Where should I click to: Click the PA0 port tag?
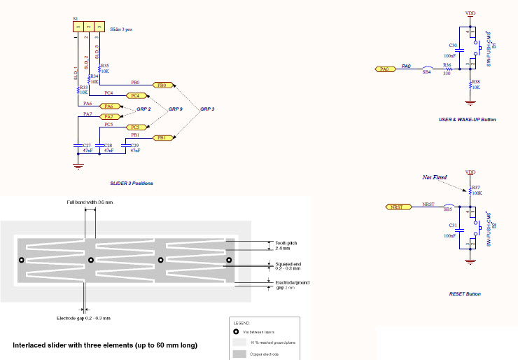click(383, 69)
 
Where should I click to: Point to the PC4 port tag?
click(135, 95)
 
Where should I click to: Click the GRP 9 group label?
click(175, 110)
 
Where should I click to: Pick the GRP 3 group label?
click(207, 110)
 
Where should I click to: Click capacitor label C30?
click(453, 45)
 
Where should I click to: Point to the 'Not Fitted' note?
click(434, 177)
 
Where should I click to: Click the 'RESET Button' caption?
click(465, 294)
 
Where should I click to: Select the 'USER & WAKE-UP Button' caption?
click(467, 120)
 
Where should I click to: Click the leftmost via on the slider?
click(22, 260)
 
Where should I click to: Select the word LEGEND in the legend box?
click(241, 324)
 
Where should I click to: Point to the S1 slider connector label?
click(76, 19)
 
